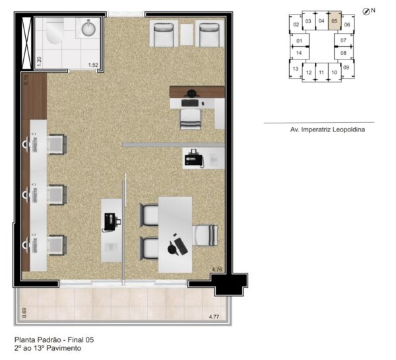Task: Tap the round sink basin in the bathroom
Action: [x=88, y=28]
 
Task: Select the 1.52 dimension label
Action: [x=93, y=65]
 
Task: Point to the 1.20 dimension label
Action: [x=39, y=61]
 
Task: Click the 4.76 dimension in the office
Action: [x=217, y=270]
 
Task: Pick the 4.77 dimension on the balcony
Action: [x=214, y=316]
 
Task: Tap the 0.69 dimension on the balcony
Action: [x=24, y=312]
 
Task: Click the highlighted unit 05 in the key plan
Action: [x=335, y=20]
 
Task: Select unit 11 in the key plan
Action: [x=321, y=73]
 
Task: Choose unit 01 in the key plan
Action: [x=299, y=41]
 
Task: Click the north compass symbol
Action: [x=366, y=11]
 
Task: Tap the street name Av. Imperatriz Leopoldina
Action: [x=327, y=129]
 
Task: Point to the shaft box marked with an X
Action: [x=26, y=43]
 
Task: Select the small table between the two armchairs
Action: [x=186, y=34]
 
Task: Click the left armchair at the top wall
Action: [x=164, y=34]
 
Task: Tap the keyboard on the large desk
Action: [x=181, y=246]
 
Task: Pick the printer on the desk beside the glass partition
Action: [x=110, y=222]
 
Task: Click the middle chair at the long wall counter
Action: [x=57, y=195]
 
